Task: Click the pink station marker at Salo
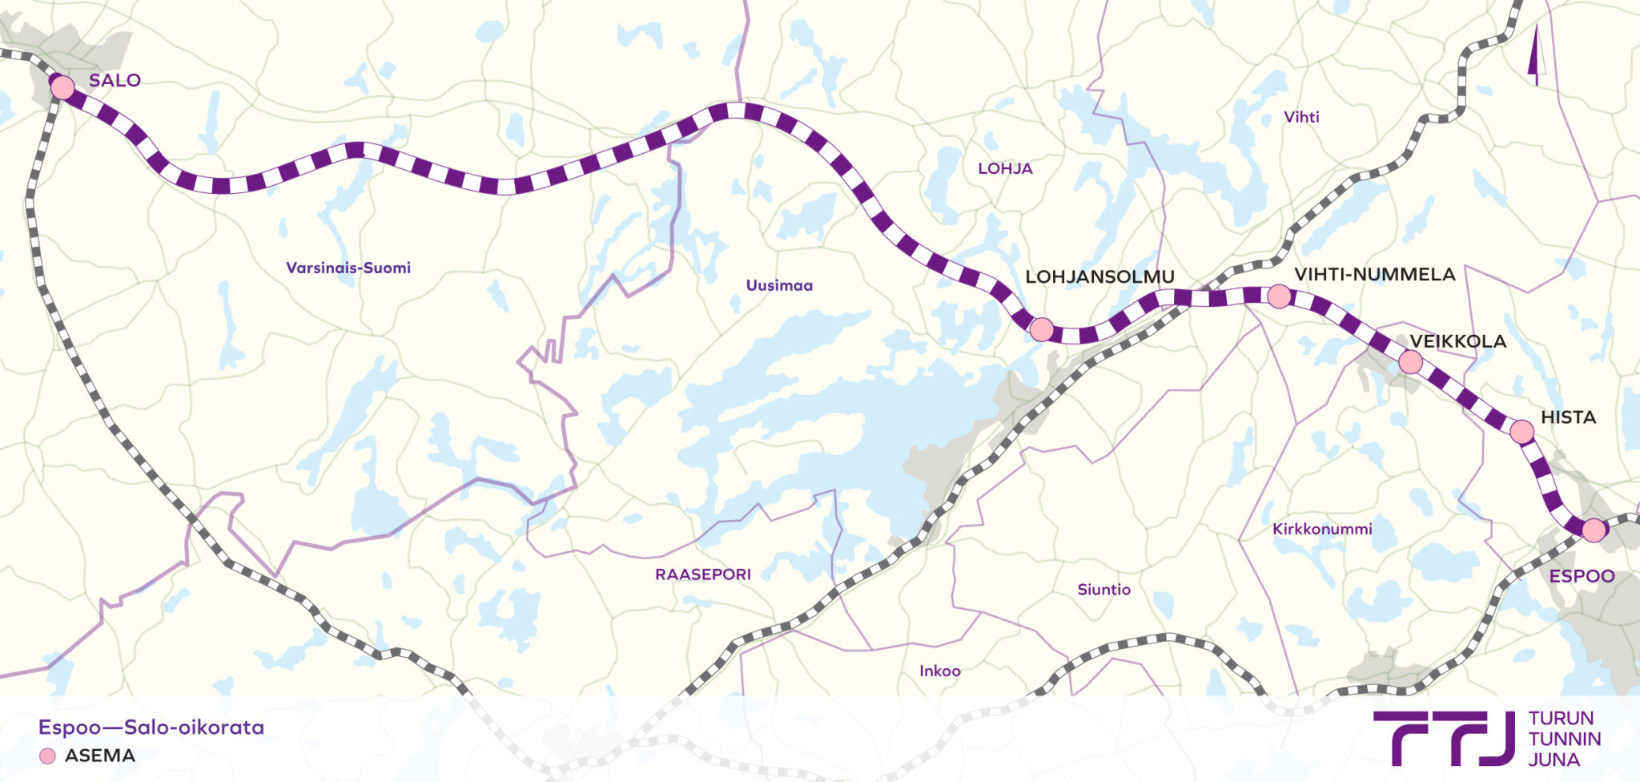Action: pos(62,87)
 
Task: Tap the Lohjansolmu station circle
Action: pos(1041,329)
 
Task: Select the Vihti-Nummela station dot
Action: pos(1279,296)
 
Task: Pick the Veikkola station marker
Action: pos(1410,362)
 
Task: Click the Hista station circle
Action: pos(1521,432)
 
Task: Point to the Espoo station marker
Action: pos(1594,530)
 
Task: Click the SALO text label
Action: pos(115,80)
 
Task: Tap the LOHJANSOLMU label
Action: pos(1099,276)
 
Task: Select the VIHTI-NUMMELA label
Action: pos(1374,274)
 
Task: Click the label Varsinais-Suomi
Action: pos(348,268)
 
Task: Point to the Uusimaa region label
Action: pos(779,285)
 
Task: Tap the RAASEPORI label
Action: pos(702,574)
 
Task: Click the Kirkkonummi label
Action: pos(1321,529)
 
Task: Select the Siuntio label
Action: pos(1103,590)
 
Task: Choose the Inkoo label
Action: pos(939,671)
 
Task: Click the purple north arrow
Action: pos(1536,56)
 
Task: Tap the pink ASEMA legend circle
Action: pos(47,756)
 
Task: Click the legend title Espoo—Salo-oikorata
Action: pos(151,728)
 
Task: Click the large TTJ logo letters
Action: pos(1442,737)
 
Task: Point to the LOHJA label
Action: pos(1005,168)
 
